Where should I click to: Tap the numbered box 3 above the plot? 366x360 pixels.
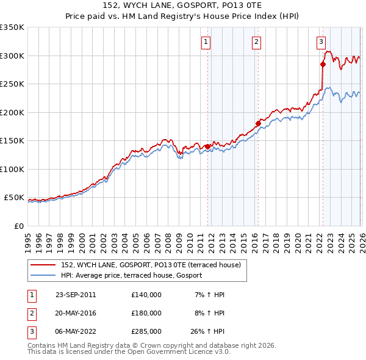click(320, 42)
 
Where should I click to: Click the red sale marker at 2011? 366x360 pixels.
click(207, 146)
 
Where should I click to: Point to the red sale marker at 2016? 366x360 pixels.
click(258, 124)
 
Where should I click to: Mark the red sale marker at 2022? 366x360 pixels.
click(323, 63)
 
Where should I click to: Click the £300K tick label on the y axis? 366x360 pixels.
click(12, 56)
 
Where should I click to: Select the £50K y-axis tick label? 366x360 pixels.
click(14, 198)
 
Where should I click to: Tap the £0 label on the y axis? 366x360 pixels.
click(18, 226)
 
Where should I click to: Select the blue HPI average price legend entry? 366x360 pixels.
click(135, 276)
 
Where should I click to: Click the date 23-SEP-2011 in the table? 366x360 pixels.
click(76, 295)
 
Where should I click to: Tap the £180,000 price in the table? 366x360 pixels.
click(146, 312)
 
